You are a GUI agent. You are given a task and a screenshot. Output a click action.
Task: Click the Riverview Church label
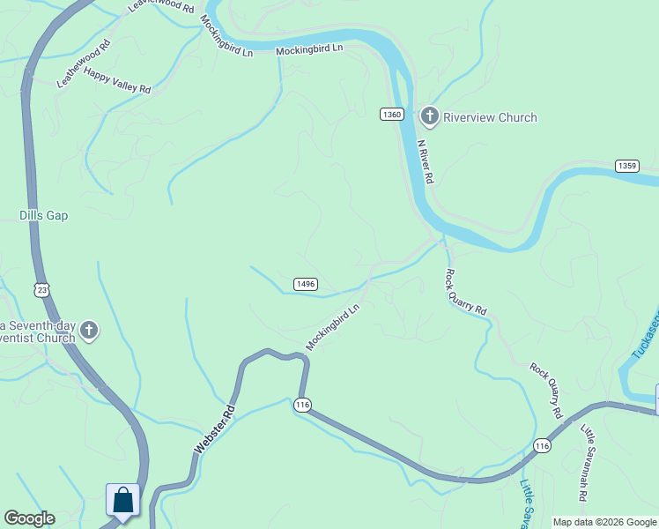(x=489, y=117)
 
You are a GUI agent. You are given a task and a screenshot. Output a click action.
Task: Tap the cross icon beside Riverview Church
(x=429, y=116)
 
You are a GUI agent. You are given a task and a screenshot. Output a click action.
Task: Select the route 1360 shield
(x=393, y=115)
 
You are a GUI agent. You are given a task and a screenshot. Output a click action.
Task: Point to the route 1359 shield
(x=626, y=166)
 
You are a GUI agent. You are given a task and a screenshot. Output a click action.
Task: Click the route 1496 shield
(x=305, y=284)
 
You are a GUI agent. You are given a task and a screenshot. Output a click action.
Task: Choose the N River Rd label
(x=426, y=162)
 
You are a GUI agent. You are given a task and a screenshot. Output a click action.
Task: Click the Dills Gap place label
(x=43, y=215)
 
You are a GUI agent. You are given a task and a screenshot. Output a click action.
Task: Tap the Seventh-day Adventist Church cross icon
(x=88, y=332)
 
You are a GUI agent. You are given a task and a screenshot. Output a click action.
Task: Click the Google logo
(x=29, y=518)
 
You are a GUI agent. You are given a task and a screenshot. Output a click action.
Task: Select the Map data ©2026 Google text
(x=604, y=522)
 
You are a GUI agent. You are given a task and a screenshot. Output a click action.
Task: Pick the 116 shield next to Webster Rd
(x=303, y=405)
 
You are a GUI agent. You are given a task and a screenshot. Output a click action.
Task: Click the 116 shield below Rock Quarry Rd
(x=542, y=447)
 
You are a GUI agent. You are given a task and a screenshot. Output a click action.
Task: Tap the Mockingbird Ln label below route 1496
(x=333, y=326)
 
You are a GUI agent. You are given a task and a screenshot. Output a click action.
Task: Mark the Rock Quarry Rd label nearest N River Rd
(x=465, y=292)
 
